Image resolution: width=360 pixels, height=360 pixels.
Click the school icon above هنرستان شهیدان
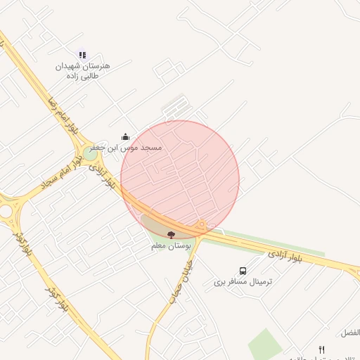point(82,55)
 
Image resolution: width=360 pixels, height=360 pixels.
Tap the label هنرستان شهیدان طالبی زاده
point(84,70)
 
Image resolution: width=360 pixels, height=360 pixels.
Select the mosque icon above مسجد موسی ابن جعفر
point(125,136)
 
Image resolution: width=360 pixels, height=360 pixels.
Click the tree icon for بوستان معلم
point(172,234)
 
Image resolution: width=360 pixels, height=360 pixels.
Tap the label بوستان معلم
point(172,247)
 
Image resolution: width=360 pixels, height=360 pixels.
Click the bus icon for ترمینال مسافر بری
point(243,271)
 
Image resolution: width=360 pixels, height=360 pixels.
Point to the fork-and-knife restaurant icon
point(321,349)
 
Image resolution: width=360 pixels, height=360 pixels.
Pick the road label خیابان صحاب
point(181,280)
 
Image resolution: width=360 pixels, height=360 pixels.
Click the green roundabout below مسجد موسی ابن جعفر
point(89,152)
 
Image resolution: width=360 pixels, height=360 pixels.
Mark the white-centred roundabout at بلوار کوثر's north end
point(7,210)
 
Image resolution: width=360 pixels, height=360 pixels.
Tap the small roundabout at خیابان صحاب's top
point(201,226)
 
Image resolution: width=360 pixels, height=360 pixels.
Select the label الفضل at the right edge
point(349,332)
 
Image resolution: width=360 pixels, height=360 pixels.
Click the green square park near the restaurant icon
point(265,345)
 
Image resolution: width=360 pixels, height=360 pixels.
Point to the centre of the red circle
point(180,179)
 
